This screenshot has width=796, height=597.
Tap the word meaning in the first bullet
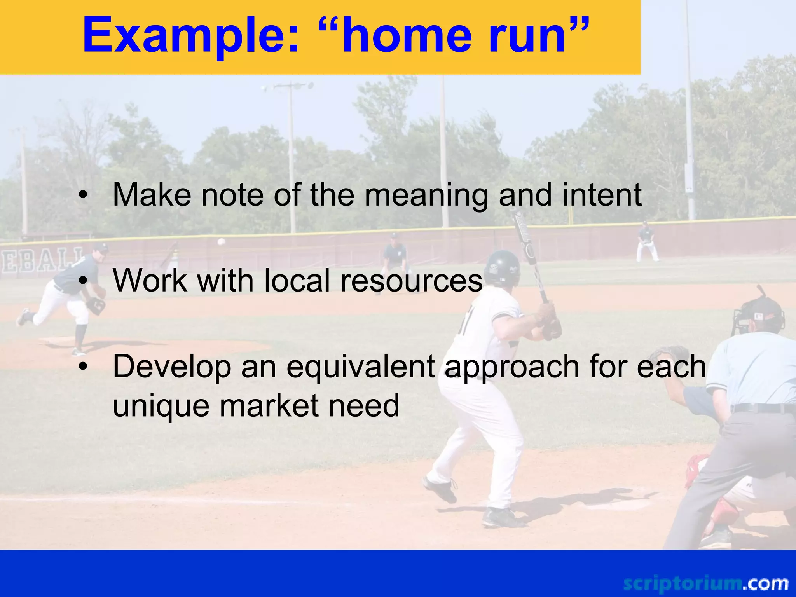pyautogui.click(x=426, y=196)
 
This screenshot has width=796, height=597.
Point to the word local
pyautogui.click(x=297, y=281)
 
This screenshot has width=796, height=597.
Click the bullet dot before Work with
pyautogui.click(x=82, y=281)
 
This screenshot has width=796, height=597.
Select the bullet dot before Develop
pyautogui.click(x=82, y=367)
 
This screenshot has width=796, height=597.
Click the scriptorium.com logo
pyautogui.click(x=705, y=583)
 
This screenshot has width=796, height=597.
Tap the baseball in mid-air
pyautogui.click(x=221, y=242)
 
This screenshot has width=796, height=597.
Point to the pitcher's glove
pyautogui.click(x=96, y=305)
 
